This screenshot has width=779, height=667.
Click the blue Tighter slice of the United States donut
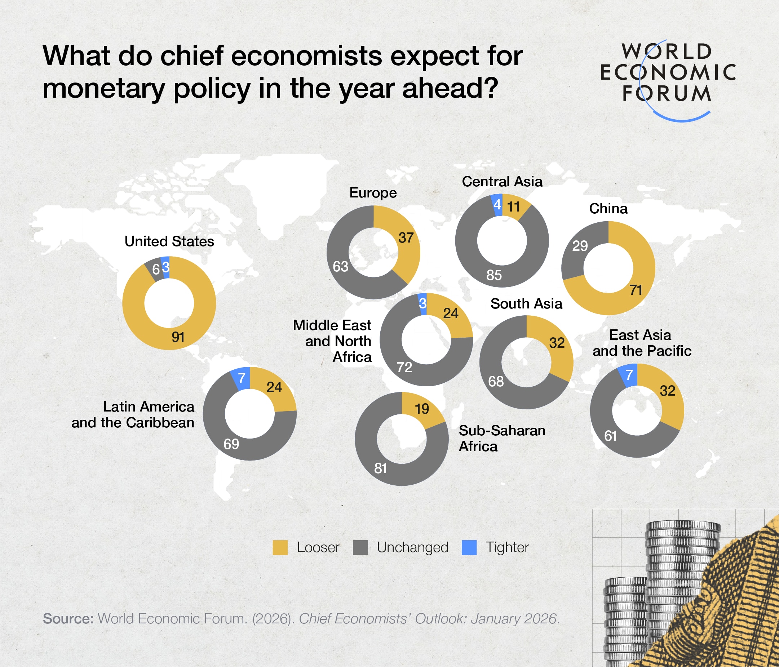tap(165, 267)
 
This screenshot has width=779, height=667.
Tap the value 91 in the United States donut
tap(178, 337)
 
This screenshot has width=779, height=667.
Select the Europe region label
tap(373, 193)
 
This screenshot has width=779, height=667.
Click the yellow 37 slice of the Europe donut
tap(406, 238)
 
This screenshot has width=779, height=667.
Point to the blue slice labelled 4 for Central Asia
tap(497, 205)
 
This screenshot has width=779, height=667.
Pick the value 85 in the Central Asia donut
tap(494, 275)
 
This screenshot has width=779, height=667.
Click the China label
tap(608, 209)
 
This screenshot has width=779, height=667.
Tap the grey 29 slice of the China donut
tap(580, 246)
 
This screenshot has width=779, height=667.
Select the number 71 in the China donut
tap(636, 290)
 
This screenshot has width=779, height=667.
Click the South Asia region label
tap(526, 304)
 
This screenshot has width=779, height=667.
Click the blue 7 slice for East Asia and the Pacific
tap(629, 375)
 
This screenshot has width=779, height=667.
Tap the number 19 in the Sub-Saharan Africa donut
tap(422, 409)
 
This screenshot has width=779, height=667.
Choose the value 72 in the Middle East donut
tap(404, 367)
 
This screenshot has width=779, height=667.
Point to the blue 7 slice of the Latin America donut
tap(242, 378)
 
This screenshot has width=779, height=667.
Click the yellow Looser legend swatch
tap(280, 547)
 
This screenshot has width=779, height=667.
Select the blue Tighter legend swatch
tap(469, 547)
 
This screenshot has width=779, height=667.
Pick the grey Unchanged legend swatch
tap(360, 547)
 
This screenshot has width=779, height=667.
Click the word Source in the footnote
tap(68, 618)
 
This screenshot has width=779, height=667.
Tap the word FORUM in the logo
tap(667, 94)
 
